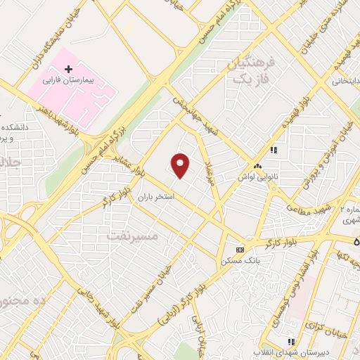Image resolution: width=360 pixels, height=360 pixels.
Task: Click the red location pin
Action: point(181,165)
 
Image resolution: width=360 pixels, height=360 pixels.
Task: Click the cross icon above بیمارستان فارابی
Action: point(68,70)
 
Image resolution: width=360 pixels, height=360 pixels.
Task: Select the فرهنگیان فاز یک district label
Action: point(249,70)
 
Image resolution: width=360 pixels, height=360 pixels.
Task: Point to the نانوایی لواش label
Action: point(255,176)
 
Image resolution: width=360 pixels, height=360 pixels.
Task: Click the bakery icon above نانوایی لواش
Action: point(258,167)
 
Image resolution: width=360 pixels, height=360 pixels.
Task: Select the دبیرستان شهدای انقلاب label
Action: point(290,352)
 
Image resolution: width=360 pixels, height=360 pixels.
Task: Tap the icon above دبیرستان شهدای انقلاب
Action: point(291,342)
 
